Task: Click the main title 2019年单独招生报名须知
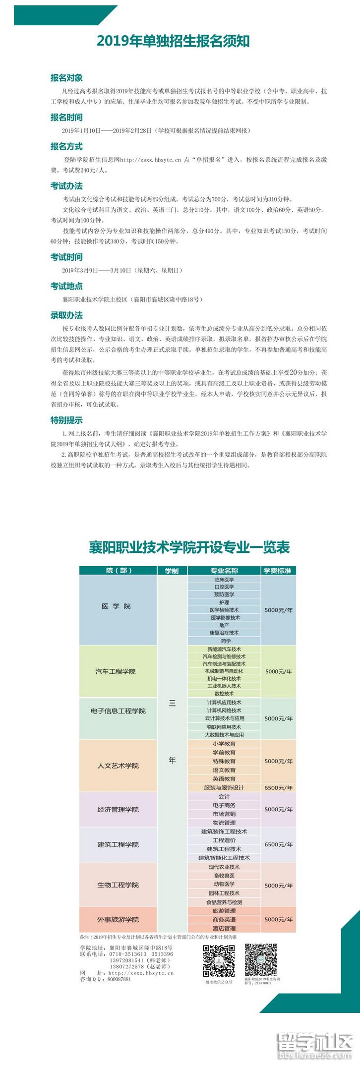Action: click(x=173, y=41)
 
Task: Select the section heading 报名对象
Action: click(x=66, y=78)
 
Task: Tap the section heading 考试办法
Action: click(x=66, y=186)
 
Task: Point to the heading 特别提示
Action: click(x=66, y=420)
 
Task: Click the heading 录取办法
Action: click(x=66, y=315)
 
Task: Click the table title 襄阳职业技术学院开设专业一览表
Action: click(x=189, y=547)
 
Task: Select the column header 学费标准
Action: click(x=277, y=571)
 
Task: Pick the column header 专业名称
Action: click(x=224, y=571)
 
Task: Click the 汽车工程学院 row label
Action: click(x=116, y=671)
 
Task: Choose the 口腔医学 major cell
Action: click(x=224, y=587)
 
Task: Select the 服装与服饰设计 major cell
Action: click(x=224, y=788)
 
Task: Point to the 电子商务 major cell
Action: click(x=224, y=806)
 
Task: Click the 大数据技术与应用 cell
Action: click(x=224, y=735)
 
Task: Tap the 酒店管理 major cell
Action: click(x=224, y=928)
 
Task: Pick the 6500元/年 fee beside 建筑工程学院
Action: click(x=278, y=844)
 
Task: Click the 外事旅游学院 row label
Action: click(x=118, y=919)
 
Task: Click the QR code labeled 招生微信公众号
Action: click(x=219, y=961)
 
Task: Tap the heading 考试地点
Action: click(x=66, y=286)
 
